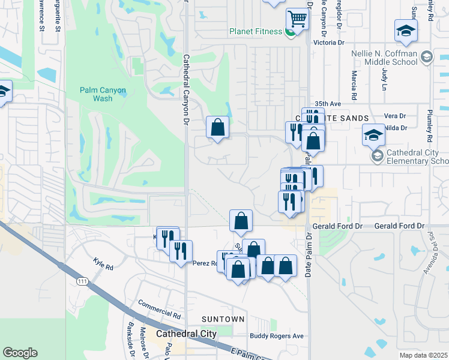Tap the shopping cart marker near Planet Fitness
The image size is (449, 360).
pos(297,19)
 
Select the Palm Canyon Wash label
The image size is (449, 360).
pos(103,94)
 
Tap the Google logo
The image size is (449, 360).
pos(20,353)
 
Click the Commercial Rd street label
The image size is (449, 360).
pos(159,309)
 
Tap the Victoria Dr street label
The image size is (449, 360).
pos(330,43)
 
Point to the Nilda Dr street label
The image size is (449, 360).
pos(396,128)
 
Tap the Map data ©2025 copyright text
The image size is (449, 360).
pos(423,355)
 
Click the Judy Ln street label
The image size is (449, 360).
pos(384,76)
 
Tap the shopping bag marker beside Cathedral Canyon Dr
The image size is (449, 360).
pos(217,128)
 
